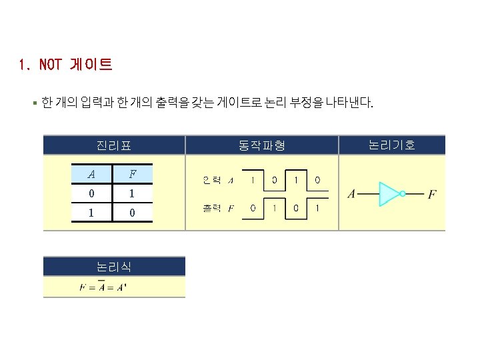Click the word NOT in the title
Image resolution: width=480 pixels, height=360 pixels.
tap(50, 65)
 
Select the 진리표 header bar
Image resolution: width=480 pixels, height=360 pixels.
tap(113, 145)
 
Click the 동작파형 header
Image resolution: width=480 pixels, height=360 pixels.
tap(261, 145)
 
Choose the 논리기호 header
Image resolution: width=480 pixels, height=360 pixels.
tap(391, 145)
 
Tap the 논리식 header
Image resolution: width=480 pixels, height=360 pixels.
tap(113, 267)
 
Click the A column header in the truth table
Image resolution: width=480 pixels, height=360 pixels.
tap(91, 175)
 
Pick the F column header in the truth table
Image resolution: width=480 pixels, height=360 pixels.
tap(132, 175)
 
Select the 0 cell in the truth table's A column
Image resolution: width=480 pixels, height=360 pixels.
tap(91, 194)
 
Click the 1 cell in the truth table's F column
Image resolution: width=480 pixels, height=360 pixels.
tap(132, 194)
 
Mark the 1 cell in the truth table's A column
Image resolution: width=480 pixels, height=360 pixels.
tap(91, 213)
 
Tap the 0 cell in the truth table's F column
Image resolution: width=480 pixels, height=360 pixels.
tap(132, 213)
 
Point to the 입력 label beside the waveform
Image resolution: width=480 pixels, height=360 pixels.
tap(211, 180)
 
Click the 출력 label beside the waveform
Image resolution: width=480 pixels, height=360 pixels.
tap(211, 209)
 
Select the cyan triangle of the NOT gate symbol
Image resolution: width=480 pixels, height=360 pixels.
tap(388, 194)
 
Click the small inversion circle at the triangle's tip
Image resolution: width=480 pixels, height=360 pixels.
tap(403, 194)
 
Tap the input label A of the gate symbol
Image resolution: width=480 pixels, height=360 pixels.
tap(351, 195)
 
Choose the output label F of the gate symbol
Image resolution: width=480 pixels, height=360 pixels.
tap(432, 195)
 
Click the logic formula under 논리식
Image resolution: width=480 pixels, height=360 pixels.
tap(103, 287)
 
